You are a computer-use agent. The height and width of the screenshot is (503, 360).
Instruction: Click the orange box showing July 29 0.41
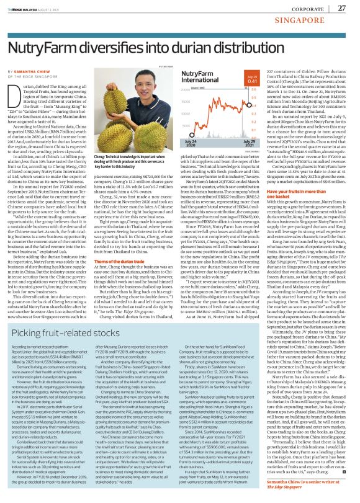pos(252,79)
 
